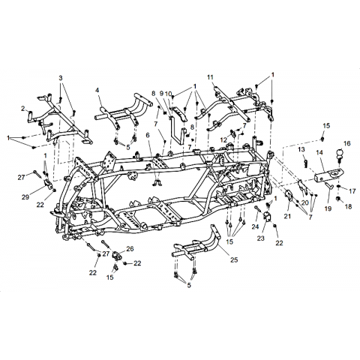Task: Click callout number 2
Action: click(x=23, y=109)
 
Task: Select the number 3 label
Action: click(x=61, y=78)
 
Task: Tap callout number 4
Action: click(x=97, y=91)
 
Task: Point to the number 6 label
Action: click(x=148, y=135)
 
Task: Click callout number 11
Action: click(x=210, y=77)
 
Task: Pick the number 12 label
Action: click(x=223, y=139)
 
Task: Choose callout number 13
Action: click(x=301, y=149)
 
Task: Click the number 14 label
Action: click(x=319, y=152)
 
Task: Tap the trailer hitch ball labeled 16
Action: click(x=340, y=154)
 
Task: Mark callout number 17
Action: click(x=352, y=191)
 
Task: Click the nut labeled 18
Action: click(x=339, y=199)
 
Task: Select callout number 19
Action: click(x=328, y=208)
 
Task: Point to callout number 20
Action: click(x=305, y=202)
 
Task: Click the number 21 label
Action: click(x=287, y=215)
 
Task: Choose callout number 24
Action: click(x=255, y=226)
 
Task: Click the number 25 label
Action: click(x=234, y=260)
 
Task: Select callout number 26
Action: click(x=130, y=249)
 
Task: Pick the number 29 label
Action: click(x=25, y=197)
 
